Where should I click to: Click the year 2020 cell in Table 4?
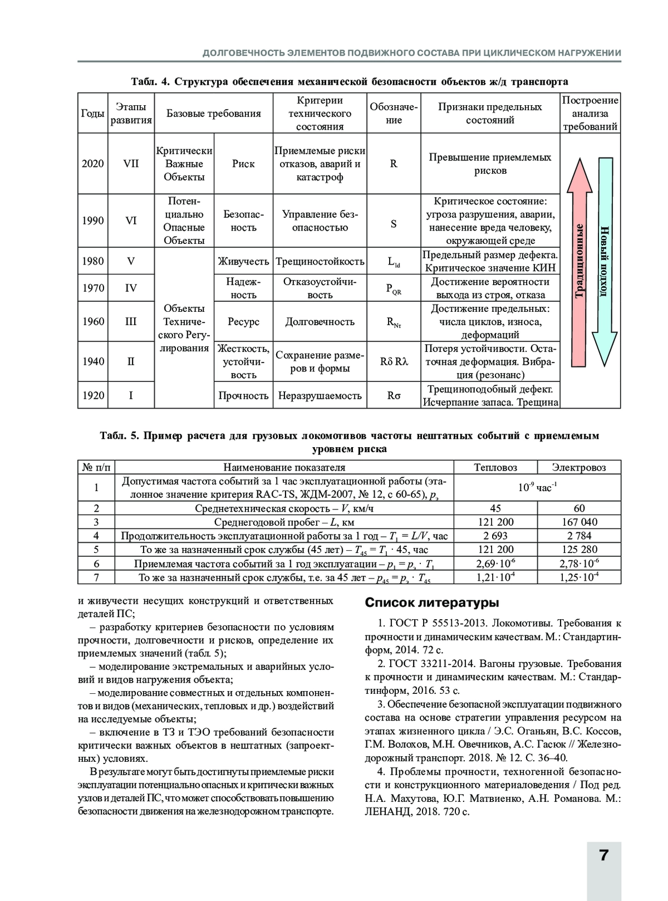pyautogui.click(x=92, y=164)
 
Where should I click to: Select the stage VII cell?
pyautogui.click(x=131, y=164)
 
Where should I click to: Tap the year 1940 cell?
pyautogui.click(x=92, y=361)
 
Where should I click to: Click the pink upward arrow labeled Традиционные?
pyautogui.click(x=579, y=262)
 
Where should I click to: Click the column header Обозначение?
pyautogui.click(x=394, y=113)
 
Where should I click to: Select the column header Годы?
pyautogui.click(x=92, y=114)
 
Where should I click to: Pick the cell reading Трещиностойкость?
pyautogui.click(x=320, y=261)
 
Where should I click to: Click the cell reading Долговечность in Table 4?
pyautogui.click(x=320, y=322)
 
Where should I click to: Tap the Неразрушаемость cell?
pyautogui.click(x=320, y=396)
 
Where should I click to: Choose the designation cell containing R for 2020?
pyautogui.click(x=394, y=164)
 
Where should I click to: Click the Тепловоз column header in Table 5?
pyautogui.click(x=495, y=467)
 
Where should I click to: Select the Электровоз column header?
pyautogui.click(x=579, y=467)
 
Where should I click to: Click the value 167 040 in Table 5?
pyautogui.click(x=579, y=522)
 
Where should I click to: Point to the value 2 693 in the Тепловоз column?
pyautogui.click(x=495, y=536)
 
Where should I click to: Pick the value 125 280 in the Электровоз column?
pyautogui.click(x=579, y=550)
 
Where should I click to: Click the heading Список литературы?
pyautogui.click(x=431, y=603)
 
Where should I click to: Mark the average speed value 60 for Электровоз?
pyautogui.click(x=579, y=508)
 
